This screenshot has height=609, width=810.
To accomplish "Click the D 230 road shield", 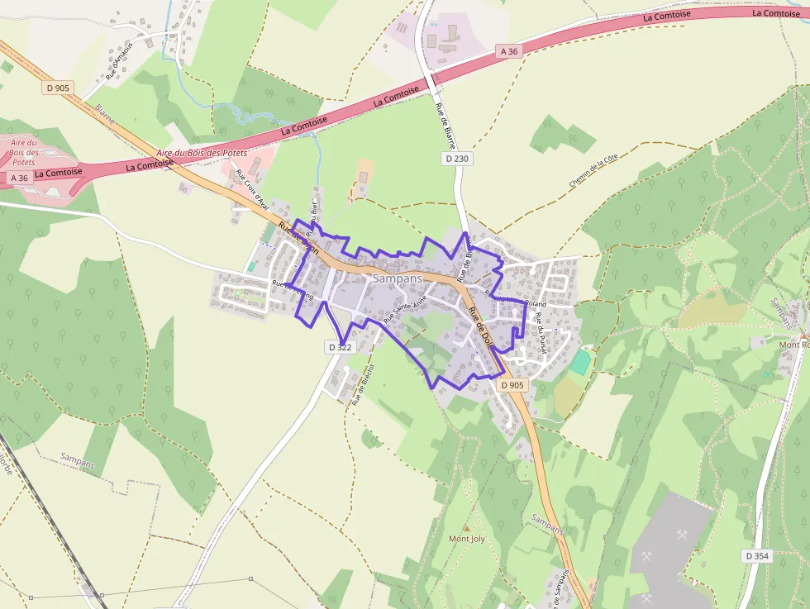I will click(456, 159).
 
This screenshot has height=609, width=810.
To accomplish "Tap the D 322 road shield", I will click(340, 347).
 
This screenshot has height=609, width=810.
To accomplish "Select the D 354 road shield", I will click(756, 556).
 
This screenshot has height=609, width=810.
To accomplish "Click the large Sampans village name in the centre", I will click(397, 278).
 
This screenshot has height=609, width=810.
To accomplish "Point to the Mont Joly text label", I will click(467, 539).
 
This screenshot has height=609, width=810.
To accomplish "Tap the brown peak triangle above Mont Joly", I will click(466, 526).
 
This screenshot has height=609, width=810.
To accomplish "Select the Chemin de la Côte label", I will click(593, 170).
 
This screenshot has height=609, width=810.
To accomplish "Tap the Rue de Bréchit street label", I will click(364, 383).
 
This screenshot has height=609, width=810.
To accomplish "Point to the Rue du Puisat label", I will click(540, 329).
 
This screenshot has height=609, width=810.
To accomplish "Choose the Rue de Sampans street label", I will click(563, 588).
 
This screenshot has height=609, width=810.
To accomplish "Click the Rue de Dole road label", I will click(481, 327).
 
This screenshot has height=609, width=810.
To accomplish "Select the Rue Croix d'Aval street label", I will click(250, 188).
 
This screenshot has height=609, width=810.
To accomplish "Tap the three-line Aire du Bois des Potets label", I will click(24, 152).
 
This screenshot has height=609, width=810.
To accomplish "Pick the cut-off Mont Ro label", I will click(794, 344).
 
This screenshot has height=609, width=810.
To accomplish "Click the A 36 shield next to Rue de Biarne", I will click(509, 51).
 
